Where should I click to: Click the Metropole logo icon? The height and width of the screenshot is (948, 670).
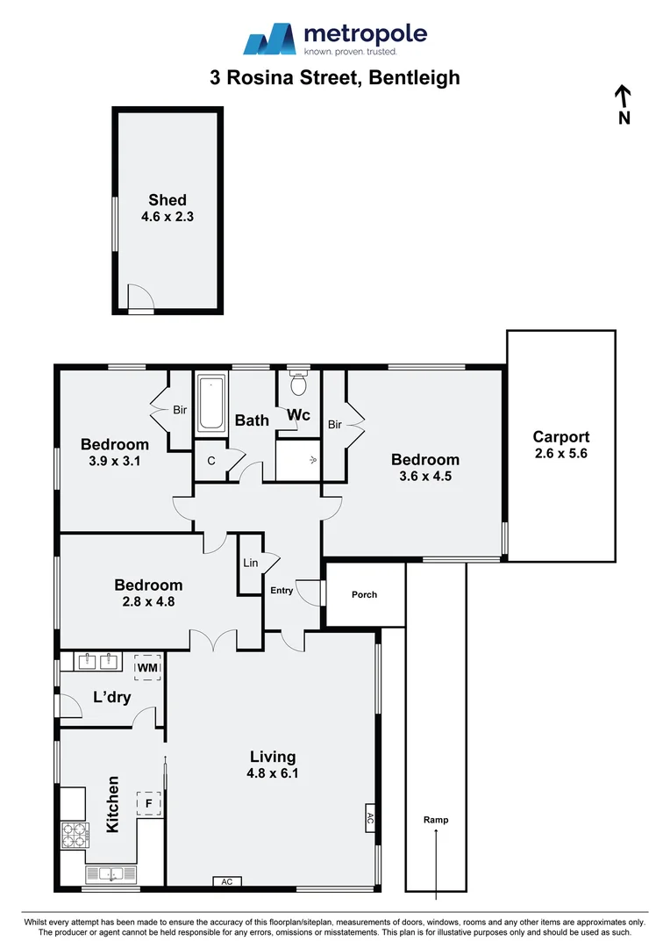tap(270, 39)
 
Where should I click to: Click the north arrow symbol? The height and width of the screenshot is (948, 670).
tap(624, 97)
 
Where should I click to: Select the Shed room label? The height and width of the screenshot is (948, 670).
tap(167, 200)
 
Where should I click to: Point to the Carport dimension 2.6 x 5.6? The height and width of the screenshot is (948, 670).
tap(561, 454)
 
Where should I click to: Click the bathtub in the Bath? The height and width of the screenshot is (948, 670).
tap(211, 404)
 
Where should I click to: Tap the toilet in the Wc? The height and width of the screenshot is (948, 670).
tap(298, 384)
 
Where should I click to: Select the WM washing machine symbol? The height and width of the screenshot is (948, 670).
tap(147, 669)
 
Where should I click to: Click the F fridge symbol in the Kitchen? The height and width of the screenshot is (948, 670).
tap(149, 802)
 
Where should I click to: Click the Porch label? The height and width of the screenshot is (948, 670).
tap(364, 594)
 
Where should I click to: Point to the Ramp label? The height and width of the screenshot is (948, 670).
tap(436, 820)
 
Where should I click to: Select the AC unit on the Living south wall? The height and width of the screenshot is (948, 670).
tap(226, 881)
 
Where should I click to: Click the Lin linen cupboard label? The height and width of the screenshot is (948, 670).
tap(251, 563)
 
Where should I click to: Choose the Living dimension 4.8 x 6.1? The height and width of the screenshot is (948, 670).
tap(272, 773)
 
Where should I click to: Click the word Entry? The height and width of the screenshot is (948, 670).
tap(282, 591)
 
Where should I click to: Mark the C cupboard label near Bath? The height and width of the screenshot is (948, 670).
tap(211, 461)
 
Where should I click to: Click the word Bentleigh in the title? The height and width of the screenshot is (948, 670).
tap(415, 77)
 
